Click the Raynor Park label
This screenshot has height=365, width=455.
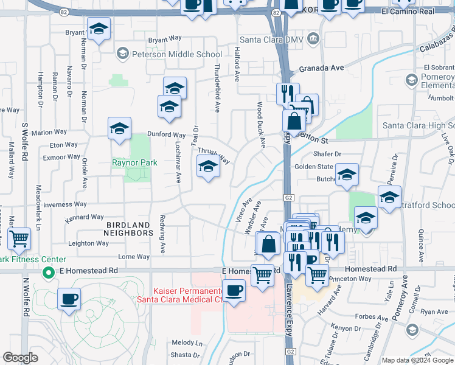click(134, 162)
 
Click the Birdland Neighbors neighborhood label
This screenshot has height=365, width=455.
click(128, 228)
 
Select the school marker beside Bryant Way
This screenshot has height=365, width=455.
click(99, 29)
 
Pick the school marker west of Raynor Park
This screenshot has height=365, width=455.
click(119, 128)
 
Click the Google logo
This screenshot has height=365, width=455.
click(20, 358)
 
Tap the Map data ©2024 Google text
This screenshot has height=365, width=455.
click(417, 360)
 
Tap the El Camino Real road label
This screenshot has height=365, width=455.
click(417, 12)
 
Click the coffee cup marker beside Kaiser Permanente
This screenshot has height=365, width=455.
click(234, 290)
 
